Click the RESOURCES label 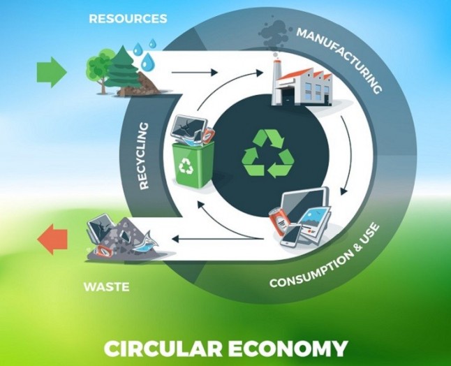pos(128,19)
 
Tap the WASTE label pos(106,287)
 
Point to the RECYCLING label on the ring pos(144,156)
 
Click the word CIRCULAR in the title pos(163,349)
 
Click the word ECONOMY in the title pos(288,349)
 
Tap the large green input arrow pos(52,72)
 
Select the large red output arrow pos(52,240)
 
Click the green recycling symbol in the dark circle pos(268,154)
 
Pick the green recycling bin pos(193,163)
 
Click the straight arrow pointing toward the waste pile pos(218,239)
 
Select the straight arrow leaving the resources pos(195,72)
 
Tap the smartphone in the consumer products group pos(291,235)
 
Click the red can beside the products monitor pos(278,221)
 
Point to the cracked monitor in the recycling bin pos(188,126)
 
